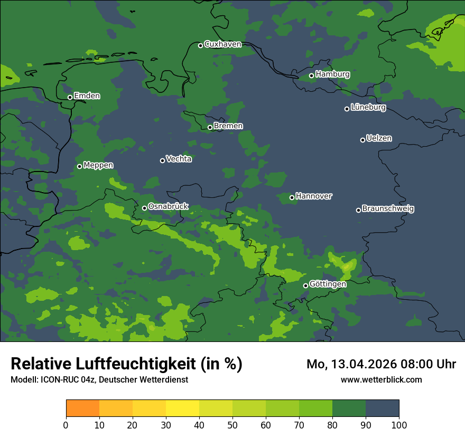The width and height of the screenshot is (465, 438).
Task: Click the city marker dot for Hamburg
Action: click(311, 75)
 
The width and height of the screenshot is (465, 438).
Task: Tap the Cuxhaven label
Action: click(222, 44)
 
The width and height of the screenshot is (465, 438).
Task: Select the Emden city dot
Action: click(70, 97)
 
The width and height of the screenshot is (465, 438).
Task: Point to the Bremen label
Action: click(228, 126)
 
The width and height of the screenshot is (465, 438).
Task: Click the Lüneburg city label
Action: click(368, 108)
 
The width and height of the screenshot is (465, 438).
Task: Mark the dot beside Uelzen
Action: click(362, 140)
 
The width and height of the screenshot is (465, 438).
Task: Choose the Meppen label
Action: click(98, 165)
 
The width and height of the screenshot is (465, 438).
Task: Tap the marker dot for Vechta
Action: click(162, 160)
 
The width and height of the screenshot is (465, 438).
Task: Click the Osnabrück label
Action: click(168, 207)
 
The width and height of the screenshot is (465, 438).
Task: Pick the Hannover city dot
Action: click(292, 197)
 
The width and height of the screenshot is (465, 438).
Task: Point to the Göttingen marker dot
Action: click(305, 285)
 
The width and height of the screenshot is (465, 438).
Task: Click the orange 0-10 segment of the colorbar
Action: click(82, 408)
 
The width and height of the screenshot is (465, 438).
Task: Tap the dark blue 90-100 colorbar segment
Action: click(382, 408)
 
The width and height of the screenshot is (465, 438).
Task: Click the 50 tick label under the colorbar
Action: click(232, 425)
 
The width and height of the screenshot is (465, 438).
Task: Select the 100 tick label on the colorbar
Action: click(398, 425)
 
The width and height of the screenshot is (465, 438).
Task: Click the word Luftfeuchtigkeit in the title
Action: click(141, 364)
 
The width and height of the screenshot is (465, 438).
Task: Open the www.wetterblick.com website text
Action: click(381, 379)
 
